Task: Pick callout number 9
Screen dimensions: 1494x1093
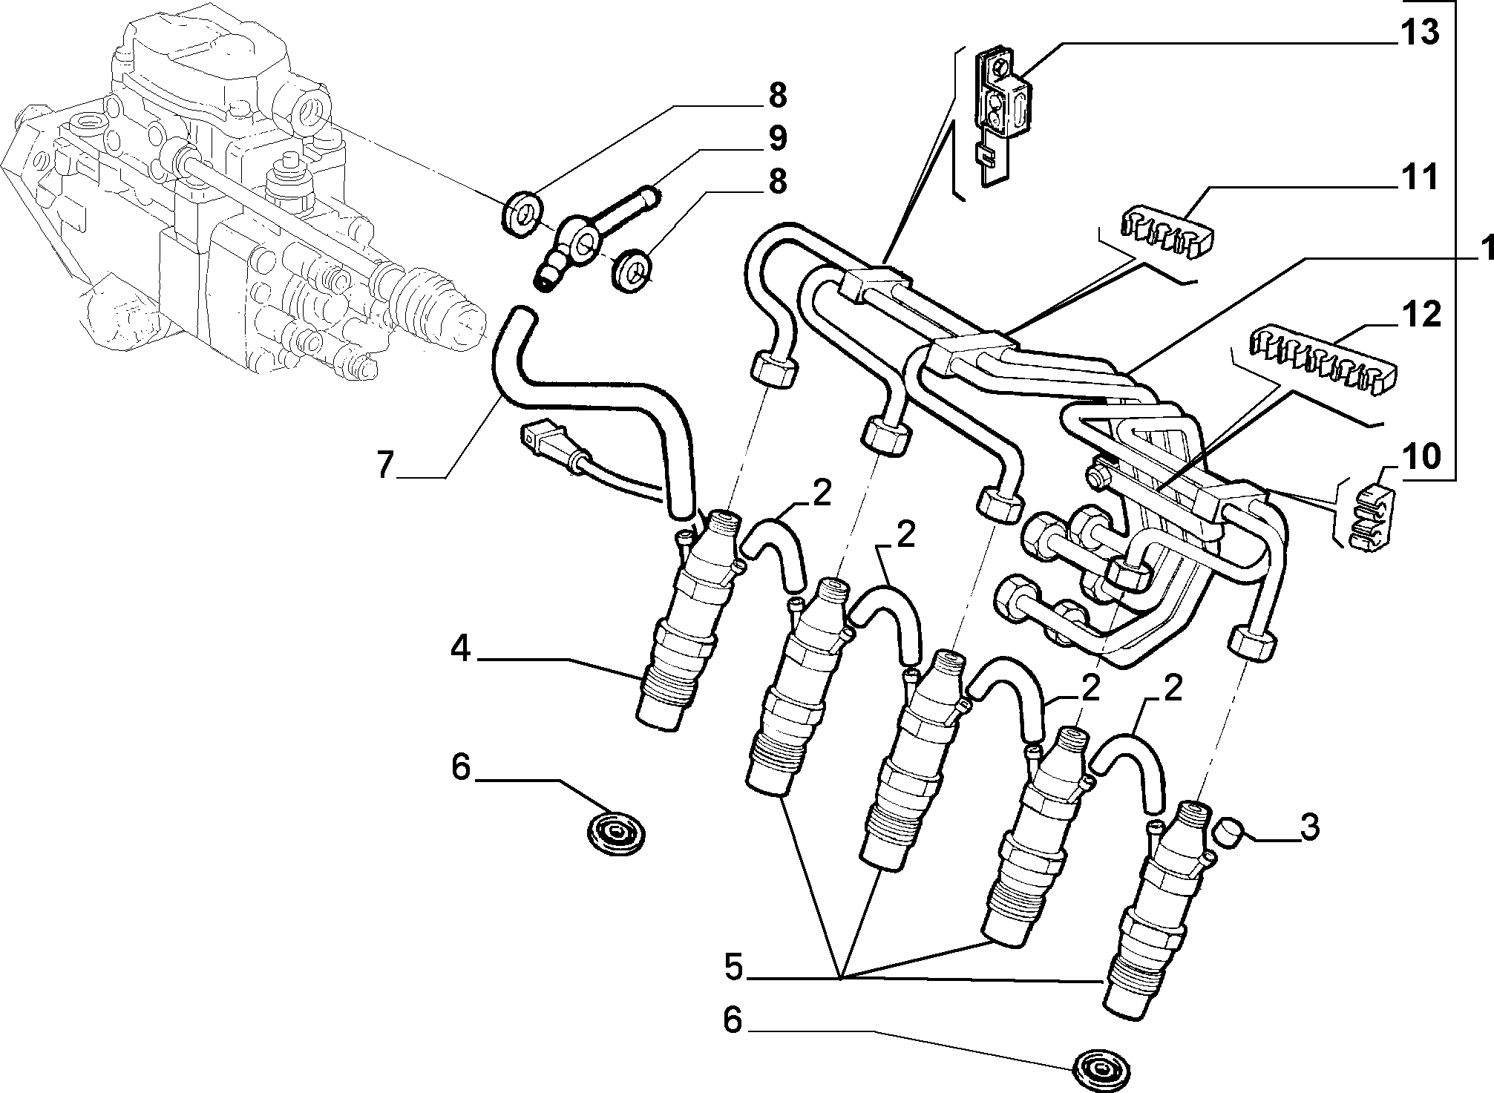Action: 777,138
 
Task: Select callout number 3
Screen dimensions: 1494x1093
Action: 1310,827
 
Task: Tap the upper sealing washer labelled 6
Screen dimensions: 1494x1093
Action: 615,834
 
